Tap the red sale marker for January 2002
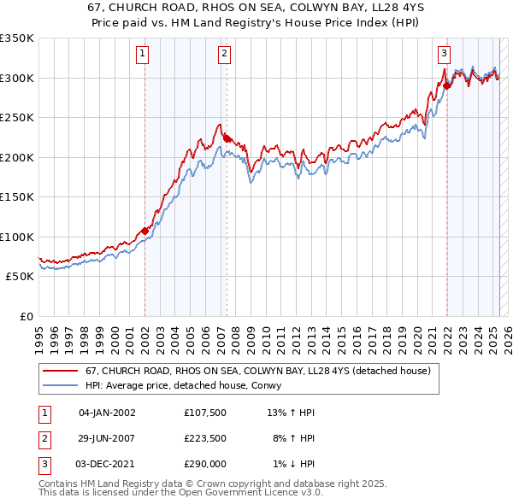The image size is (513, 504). click(144, 231)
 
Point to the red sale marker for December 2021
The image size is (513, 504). click(446, 85)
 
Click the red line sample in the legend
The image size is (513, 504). click(61, 371)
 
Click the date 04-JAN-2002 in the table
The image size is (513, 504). click(107, 413)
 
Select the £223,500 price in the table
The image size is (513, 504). click(204, 438)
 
